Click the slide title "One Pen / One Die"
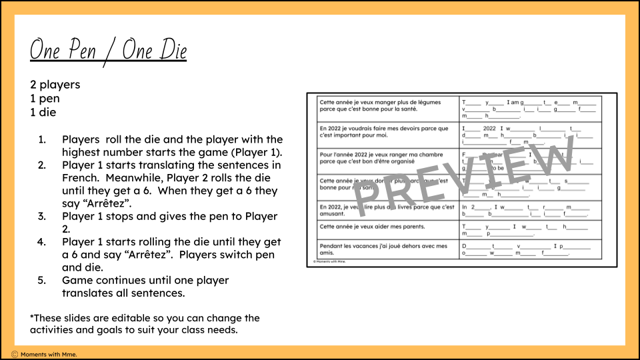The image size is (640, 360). coord(108,51)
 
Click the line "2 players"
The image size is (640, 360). coord(55,85)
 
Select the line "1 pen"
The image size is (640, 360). coord(44,99)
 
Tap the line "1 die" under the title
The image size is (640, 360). coord(43,112)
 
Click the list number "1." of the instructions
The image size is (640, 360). coord(42,139)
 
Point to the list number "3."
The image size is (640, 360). coord(42,217)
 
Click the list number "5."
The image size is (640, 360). coord(42,281)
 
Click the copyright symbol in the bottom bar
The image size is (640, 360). coord(14,354)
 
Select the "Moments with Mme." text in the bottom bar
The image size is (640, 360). coord(49,354)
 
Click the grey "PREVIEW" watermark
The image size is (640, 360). coord(467,177)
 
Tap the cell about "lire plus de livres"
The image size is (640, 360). coord(387,210)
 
